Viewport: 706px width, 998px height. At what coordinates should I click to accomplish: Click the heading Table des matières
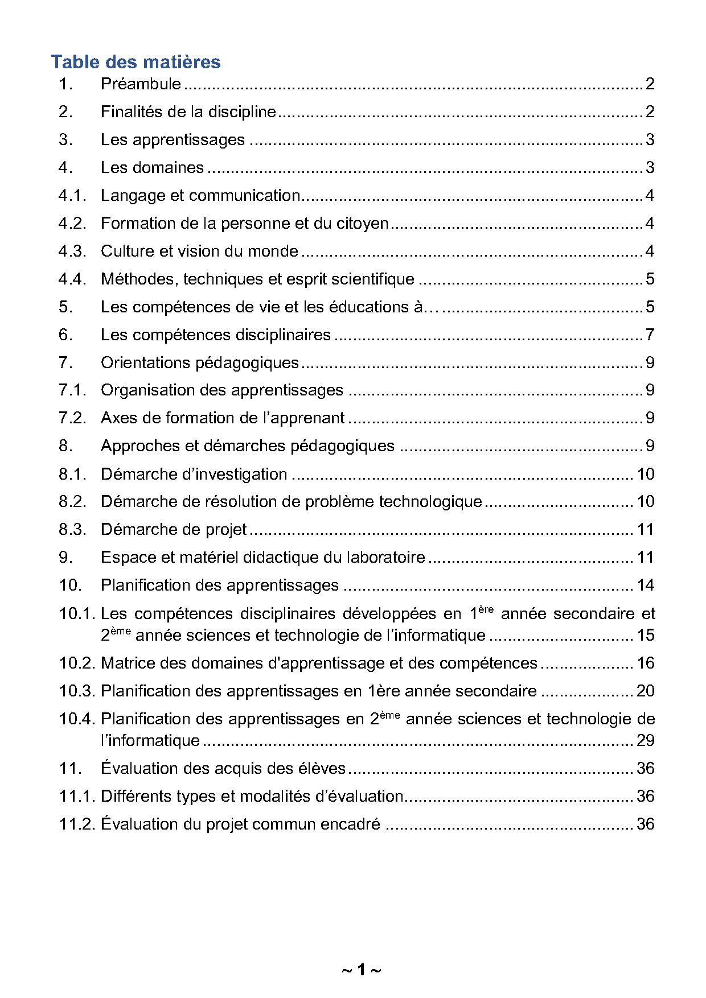point(136,61)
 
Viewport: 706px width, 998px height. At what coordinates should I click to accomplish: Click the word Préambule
point(141,84)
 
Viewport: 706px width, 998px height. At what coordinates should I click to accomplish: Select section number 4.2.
point(72,224)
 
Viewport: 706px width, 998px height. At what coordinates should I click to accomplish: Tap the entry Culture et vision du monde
point(199,251)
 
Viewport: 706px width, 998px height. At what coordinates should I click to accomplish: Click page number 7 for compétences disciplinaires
point(650,335)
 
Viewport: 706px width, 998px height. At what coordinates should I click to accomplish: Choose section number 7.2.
point(72,418)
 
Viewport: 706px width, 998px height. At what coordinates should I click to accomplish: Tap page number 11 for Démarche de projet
point(645,530)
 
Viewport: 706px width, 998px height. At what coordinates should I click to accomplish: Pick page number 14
point(645,585)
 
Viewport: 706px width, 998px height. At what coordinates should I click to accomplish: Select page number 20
point(645,691)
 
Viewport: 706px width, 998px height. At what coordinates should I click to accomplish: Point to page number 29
point(645,741)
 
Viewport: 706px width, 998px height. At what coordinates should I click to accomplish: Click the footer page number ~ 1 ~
point(361,970)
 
